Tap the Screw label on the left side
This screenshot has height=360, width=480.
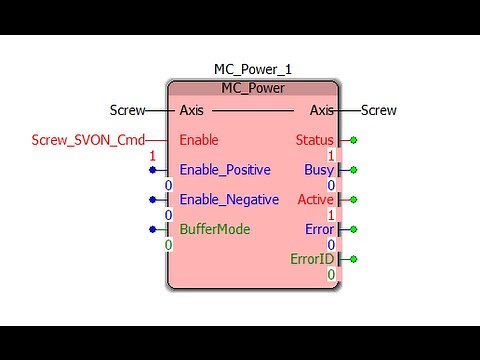[x=127, y=110]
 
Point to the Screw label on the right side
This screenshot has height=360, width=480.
[x=379, y=110]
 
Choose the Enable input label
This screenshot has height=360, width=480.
[x=198, y=140]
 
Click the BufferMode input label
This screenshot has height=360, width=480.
[x=215, y=229]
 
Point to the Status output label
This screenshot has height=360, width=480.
[x=315, y=140]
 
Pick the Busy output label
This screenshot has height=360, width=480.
[x=319, y=170]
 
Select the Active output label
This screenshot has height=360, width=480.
[x=316, y=199]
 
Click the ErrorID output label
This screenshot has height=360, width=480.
[x=311, y=259]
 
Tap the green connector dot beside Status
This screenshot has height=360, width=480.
[x=353, y=140]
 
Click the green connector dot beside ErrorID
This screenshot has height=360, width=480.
[x=353, y=259]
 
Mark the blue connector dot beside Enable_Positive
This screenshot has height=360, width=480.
[x=152, y=170]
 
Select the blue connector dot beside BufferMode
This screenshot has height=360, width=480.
[x=152, y=229]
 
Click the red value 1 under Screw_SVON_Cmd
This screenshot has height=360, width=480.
[x=152, y=156]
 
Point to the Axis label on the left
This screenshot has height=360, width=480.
[x=192, y=110]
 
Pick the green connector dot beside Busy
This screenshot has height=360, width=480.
[x=353, y=170]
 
